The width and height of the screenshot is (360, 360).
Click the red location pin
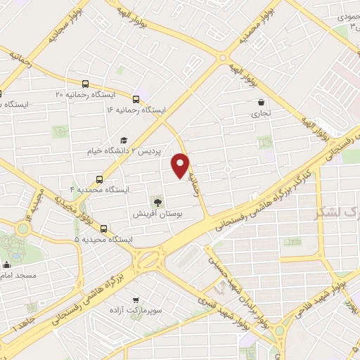[181, 165]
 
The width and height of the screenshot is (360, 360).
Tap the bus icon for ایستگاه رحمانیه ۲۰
[85, 82]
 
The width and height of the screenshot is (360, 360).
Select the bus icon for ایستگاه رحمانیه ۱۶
[136, 99]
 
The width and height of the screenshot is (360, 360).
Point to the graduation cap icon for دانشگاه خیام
[124, 140]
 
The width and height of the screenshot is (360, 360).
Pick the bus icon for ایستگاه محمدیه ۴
[99, 179]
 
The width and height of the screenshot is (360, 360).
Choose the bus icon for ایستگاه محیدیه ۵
[104, 229]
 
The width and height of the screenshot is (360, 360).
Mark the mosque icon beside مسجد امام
[7, 266]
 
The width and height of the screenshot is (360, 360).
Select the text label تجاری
[262, 112]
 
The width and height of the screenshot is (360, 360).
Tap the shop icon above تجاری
[262, 101]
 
